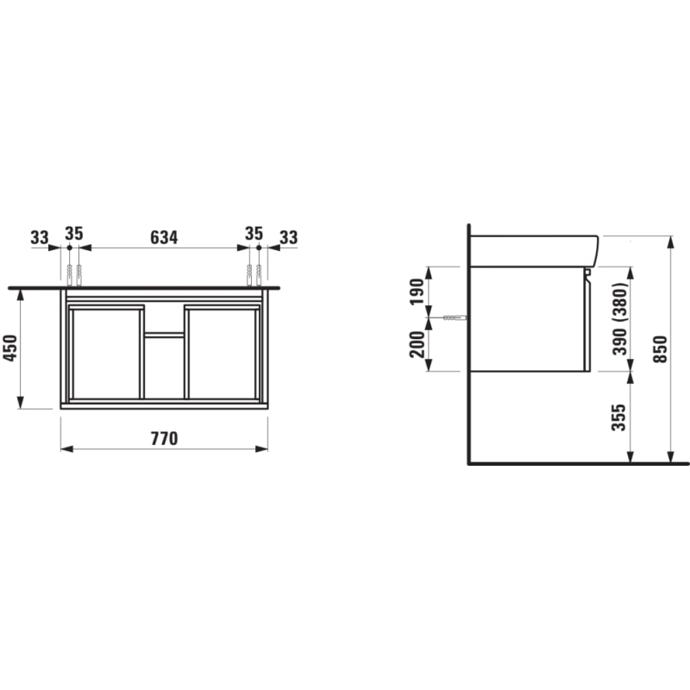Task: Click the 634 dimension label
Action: click(164, 238)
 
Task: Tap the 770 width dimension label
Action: click(164, 439)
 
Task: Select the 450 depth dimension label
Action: click(10, 348)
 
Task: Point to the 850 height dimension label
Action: click(660, 349)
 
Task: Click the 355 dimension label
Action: click(619, 417)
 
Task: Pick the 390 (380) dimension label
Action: click(620, 318)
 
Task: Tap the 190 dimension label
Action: click(417, 292)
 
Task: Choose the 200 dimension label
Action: click(417, 344)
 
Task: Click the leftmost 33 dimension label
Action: click(40, 238)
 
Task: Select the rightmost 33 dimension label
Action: click(289, 238)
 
